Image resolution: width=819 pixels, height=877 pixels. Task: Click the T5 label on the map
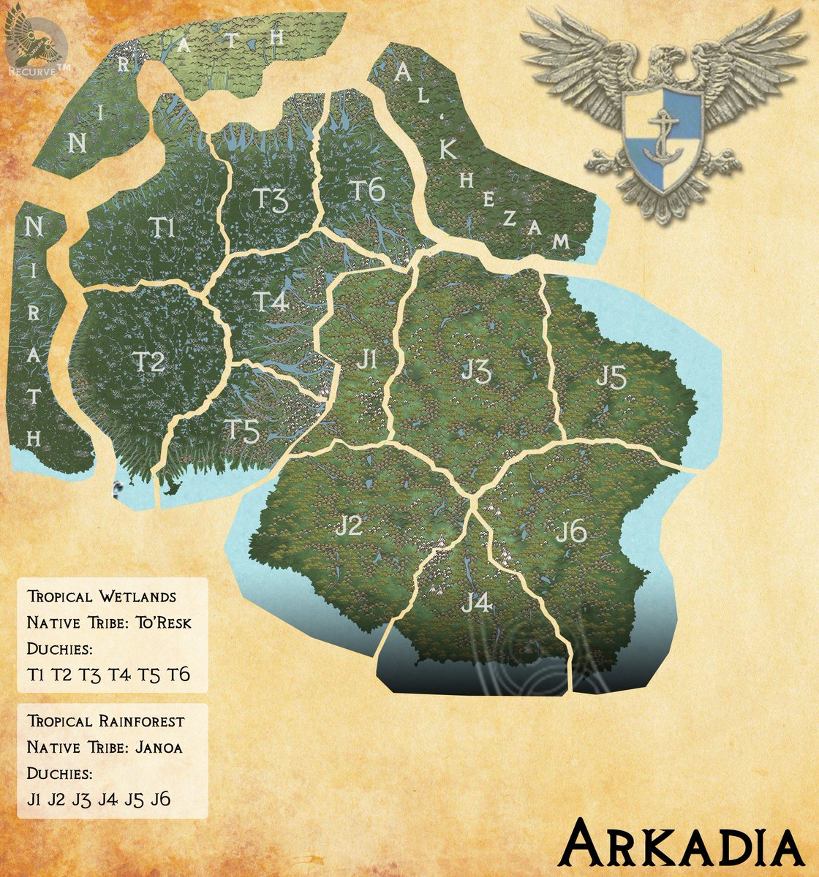pyautogui.click(x=242, y=432)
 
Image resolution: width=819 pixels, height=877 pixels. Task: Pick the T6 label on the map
pyautogui.click(x=366, y=190)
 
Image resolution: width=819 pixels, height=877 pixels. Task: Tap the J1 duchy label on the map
pyautogui.click(x=368, y=360)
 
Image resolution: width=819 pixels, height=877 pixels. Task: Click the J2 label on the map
pyautogui.click(x=349, y=526)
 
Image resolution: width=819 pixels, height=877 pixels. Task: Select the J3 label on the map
pyautogui.click(x=476, y=371)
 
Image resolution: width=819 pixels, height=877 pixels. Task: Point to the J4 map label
pyautogui.click(x=476, y=604)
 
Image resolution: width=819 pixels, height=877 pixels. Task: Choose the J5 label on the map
pyautogui.click(x=611, y=377)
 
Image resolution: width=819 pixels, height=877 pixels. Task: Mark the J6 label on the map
pyautogui.click(x=571, y=533)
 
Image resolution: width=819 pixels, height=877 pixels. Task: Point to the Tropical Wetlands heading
pyautogui.click(x=102, y=596)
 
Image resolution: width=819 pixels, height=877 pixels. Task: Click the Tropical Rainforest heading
pyautogui.click(x=106, y=721)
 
